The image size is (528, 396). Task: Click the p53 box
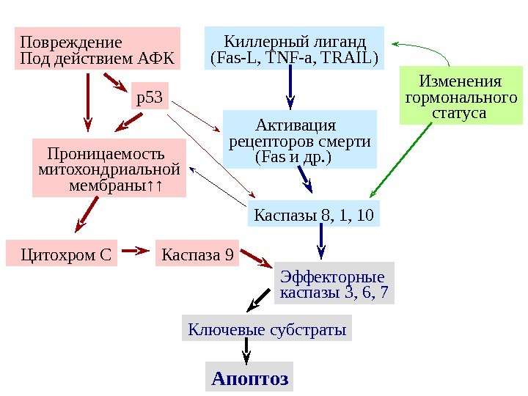[150, 96]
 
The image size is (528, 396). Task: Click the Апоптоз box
[249, 378]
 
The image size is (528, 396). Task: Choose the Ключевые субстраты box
[267, 329]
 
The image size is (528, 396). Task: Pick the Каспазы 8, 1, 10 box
[313, 216]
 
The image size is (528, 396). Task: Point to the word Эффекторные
[332, 278]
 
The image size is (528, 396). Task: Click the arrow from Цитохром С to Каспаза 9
[136, 252]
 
